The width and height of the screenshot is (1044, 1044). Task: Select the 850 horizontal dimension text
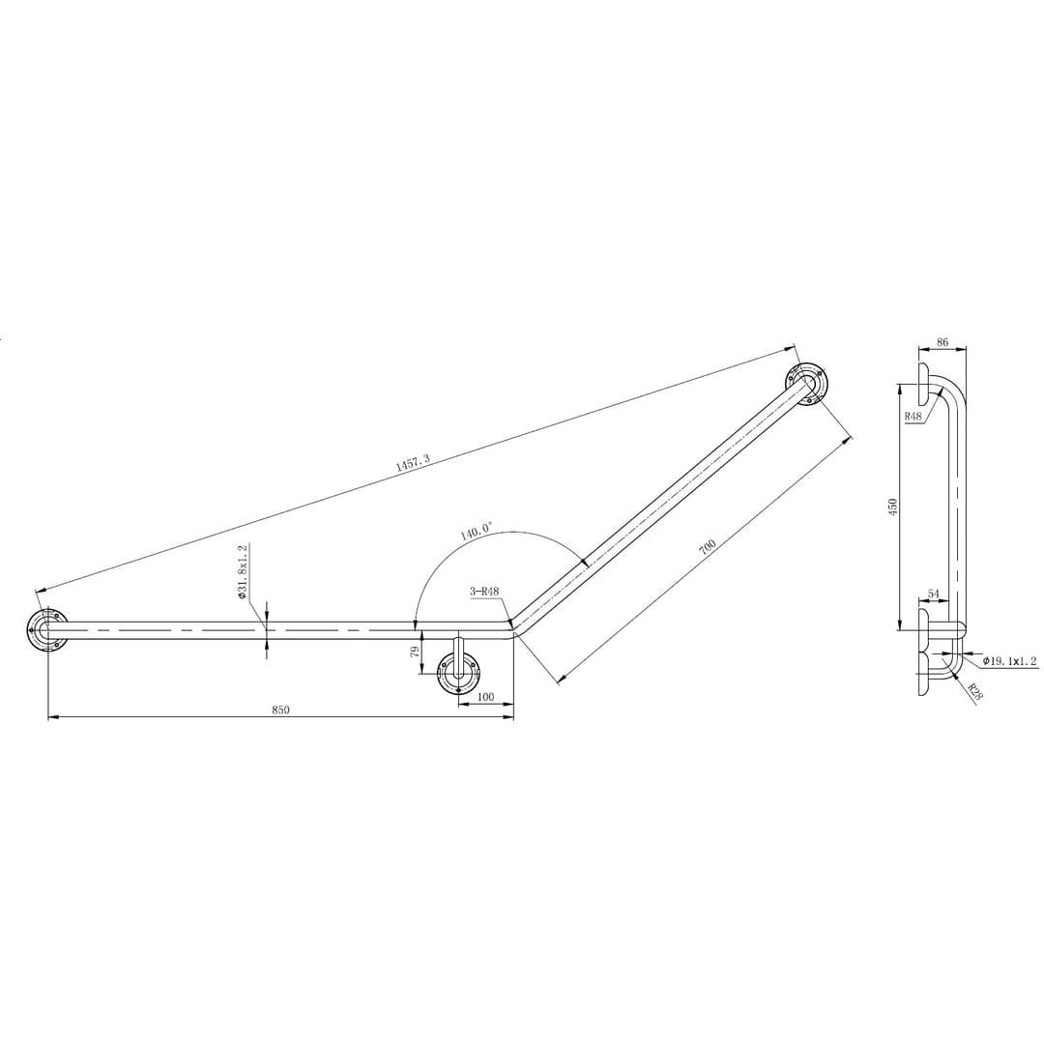(280, 710)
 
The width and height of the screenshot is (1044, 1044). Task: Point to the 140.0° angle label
(476, 531)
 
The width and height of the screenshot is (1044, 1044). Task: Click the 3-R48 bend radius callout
(484, 591)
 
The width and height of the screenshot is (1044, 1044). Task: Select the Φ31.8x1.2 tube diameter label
(244, 571)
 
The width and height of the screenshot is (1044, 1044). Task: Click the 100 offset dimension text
(486, 697)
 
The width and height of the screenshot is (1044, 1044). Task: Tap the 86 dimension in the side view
(942, 342)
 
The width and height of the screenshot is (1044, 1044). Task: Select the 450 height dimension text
(892, 507)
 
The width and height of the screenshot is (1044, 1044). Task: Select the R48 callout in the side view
(913, 415)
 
